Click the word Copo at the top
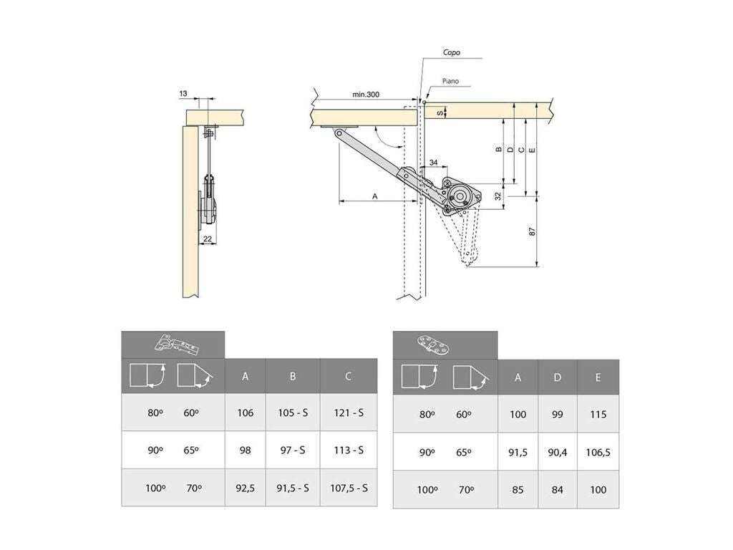[451, 52]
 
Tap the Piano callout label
[450, 81]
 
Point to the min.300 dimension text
[366, 95]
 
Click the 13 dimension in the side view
[183, 94]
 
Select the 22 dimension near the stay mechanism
[208, 238]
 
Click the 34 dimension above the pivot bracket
[433, 163]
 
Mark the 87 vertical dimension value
[532, 231]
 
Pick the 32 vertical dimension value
[498, 196]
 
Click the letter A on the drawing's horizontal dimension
[375, 196]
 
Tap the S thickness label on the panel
[440, 112]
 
